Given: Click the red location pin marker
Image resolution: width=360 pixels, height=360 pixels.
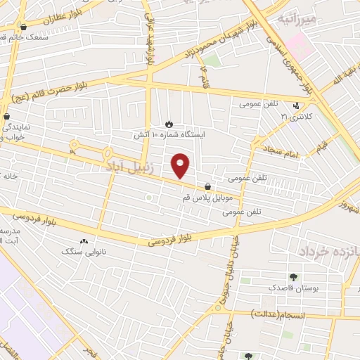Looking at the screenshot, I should coord(181,165).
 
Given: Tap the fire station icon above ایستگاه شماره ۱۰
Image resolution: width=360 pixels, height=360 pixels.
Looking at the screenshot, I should coord(168,124).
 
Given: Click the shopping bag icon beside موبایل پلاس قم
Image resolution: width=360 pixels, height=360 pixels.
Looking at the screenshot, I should coord(207,186).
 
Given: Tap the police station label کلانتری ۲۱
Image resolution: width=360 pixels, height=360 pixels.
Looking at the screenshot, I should coord(296,115).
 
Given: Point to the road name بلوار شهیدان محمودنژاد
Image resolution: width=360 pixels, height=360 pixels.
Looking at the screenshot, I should coord(207,44).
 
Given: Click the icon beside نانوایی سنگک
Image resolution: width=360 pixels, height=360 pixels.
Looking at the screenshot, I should coord(85,241).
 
